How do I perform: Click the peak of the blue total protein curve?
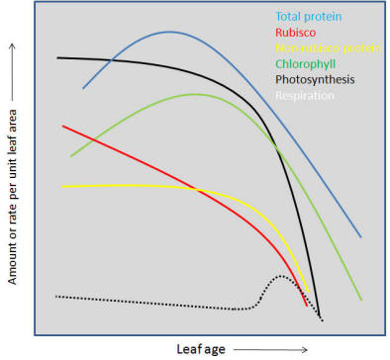[x=170, y=32]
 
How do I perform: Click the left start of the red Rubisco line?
[x=62, y=126]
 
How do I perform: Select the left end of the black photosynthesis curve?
[x=57, y=57]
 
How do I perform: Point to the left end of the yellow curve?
[x=62, y=186]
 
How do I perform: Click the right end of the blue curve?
[x=360, y=237]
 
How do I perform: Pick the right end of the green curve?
[x=361, y=300]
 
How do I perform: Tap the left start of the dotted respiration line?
[x=56, y=296]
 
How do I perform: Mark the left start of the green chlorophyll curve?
[x=70, y=156]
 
